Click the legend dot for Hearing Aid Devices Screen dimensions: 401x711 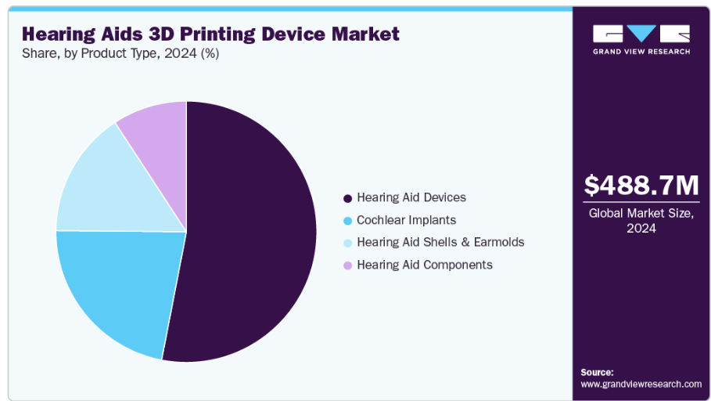(347, 198)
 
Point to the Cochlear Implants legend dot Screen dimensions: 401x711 (347, 221)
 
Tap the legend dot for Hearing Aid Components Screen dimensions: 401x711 (347, 266)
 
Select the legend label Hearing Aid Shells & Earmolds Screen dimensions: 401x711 (440, 243)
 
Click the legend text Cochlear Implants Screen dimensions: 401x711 (406, 221)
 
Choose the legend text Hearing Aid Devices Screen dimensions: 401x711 (411, 198)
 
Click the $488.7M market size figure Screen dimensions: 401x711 (641, 186)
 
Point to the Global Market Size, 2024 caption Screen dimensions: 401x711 (641, 220)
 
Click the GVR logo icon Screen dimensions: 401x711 (641, 34)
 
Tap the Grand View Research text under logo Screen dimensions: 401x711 (641, 52)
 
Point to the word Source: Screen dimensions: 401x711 (598, 372)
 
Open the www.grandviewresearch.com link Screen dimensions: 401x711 (641, 384)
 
